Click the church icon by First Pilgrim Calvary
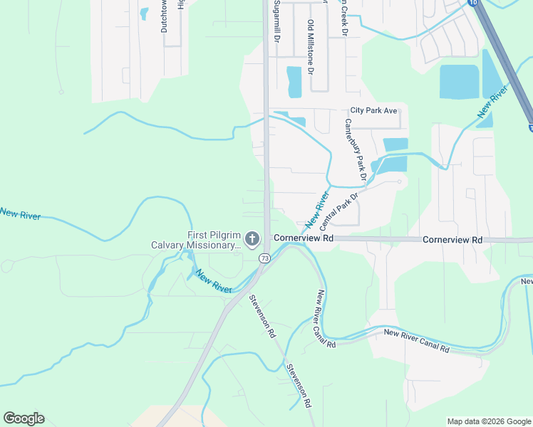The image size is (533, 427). click(252, 239)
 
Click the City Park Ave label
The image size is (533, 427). click(373, 111)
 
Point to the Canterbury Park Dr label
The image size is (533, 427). click(355, 148)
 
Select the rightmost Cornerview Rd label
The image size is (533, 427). click(452, 240)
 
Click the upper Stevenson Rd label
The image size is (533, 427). click(262, 317)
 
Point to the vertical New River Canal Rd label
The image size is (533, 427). click(326, 319)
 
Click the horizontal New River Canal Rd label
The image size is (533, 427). click(417, 340)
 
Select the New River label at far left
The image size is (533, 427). click(21, 213)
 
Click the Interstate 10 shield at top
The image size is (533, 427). click(473, 3)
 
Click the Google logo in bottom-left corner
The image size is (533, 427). click(24, 418)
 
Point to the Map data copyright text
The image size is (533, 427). click(488, 421)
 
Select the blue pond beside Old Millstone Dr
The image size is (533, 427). click(294, 81)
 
